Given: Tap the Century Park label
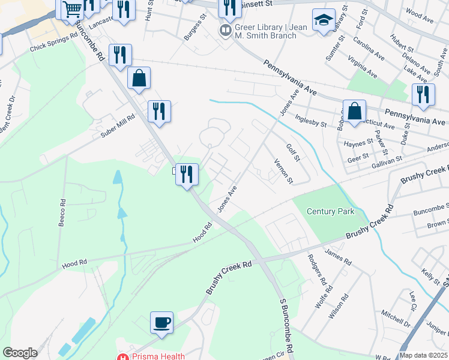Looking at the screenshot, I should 330,211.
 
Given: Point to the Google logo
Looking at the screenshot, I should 20,353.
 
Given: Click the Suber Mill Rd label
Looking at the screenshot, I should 119,127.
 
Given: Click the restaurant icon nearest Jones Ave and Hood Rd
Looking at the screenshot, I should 187,174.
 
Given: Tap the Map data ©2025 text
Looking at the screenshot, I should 423,355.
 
